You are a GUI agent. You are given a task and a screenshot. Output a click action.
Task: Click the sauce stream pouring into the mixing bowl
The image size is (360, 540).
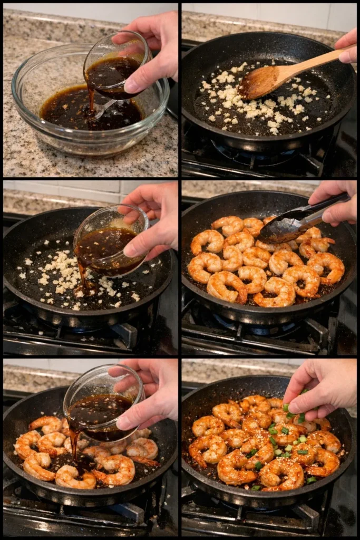click(x=91, y=98)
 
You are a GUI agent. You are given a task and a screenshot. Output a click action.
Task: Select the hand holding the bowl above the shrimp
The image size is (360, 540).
click(x=150, y=396)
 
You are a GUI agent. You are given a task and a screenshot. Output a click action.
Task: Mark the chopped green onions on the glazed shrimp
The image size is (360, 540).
click(x=287, y=448)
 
